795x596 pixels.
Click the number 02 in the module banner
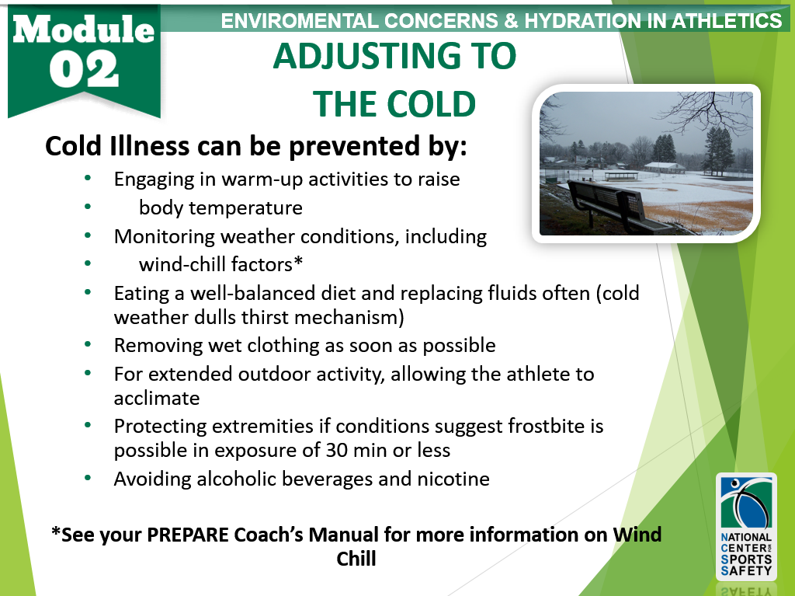coord(84,71)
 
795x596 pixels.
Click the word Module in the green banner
coord(84,29)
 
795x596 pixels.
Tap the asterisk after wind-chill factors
coord(298,261)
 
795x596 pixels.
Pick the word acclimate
coord(157,399)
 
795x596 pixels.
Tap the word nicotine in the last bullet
coord(453,479)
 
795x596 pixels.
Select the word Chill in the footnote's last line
coord(356,559)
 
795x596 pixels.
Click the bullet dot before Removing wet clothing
coord(88,345)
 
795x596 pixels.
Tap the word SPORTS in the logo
coord(746,559)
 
